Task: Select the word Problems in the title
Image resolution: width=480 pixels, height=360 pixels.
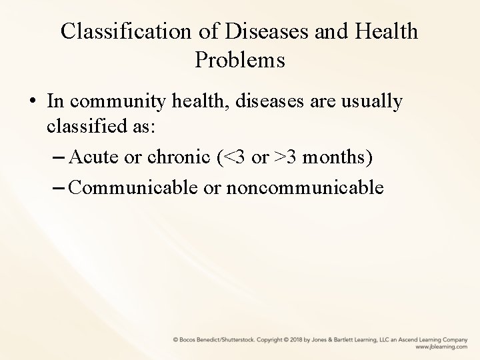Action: pyautogui.click(x=240, y=60)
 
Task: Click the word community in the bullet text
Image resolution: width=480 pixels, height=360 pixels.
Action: pyautogui.click(x=117, y=102)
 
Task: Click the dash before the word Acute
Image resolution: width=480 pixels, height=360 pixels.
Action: pyautogui.click(x=58, y=158)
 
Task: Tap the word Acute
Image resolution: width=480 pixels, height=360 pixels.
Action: pyautogui.click(x=92, y=158)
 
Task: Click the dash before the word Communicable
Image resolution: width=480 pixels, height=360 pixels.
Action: pyautogui.click(x=58, y=188)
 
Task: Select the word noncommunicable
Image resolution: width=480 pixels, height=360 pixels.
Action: pyautogui.click(x=305, y=188)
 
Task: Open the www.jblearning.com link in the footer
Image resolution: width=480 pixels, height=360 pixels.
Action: pyautogui.click(x=441, y=347)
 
